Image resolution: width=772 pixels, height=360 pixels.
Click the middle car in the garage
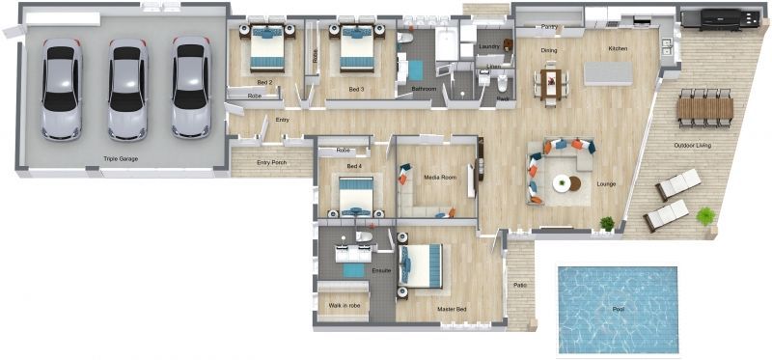tap(127, 89)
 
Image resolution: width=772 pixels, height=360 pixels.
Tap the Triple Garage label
tap(123, 158)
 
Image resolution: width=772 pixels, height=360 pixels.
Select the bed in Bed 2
tap(266, 49)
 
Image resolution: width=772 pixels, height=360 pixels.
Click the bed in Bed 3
tap(354, 49)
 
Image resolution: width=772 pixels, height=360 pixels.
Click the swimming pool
tap(618, 309)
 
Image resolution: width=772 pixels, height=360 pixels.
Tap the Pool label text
tap(619, 310)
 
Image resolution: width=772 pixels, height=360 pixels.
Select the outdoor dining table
tap(705, 107)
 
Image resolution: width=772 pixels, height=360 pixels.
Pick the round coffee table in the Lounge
tap(562, 182)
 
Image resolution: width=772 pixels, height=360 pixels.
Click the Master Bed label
tap(454, 309)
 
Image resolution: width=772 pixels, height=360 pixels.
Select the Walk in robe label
tap(345, 305)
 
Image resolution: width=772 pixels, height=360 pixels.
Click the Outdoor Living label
tap(692, 146)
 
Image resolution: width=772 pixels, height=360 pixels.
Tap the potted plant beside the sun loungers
tap(705, 215)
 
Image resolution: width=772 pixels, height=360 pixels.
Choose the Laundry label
tap(488, 46)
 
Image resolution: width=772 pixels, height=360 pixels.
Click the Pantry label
tap(550, 27)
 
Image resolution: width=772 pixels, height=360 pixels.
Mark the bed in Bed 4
tap(354, 197)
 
